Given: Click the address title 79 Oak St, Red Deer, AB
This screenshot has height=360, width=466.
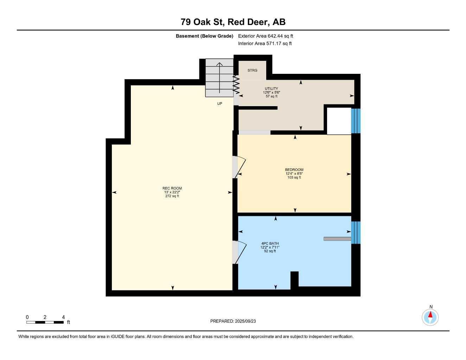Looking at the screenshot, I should click(x=233, y=22).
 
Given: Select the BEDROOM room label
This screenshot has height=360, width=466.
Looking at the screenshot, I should click(x=294, y=170).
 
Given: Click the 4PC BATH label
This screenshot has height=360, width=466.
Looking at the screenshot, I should click(x=270, y=243).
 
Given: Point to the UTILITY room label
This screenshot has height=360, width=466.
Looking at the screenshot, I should click(x=271, y=89).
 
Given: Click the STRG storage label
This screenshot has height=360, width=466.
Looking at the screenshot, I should click(x=252, y=70).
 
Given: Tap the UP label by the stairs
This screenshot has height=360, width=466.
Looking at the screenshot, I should click(x=219, y=104).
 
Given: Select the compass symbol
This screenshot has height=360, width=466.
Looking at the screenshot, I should click(x=430, y=317).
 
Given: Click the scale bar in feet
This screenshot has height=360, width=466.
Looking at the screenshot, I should click(x=45, y=322).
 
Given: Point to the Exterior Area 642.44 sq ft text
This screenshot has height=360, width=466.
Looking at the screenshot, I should click(x=266, y=36).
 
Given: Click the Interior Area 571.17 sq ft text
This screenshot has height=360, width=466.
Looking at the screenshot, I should click(x=265, y=44).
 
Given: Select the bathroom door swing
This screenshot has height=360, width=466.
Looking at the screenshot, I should click(x=239, y=252).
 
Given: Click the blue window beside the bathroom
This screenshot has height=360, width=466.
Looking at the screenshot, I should click(x=356, y=232).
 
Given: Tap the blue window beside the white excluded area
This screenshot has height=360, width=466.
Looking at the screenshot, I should click(x=356, y=121).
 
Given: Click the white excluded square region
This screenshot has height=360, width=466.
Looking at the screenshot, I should click(x=339, y=121).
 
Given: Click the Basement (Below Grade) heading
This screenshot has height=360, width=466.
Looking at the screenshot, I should click(x=204, y=36).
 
